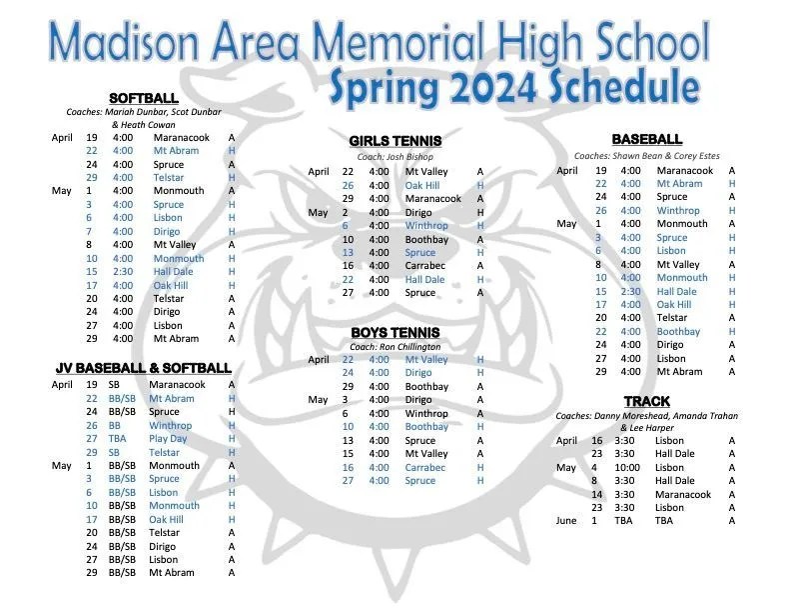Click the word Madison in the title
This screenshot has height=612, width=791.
coord(125,42)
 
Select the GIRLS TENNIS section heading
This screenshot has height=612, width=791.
coord(395,141)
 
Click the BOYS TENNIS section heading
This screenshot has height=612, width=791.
coord(395,332)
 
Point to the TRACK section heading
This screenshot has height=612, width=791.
coord(647,401)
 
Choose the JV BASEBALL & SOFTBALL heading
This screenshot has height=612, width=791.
coord(144,368)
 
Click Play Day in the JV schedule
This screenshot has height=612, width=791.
coord(168,439)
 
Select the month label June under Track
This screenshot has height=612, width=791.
coord(566,521)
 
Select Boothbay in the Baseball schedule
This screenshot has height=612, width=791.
coord(678,332)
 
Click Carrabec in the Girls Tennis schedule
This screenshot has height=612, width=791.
coord(424,266)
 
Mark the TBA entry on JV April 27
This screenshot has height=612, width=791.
coord(117,439)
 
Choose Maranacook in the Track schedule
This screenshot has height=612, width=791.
coord(683,494)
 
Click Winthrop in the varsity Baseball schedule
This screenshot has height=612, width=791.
coord(678,211)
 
